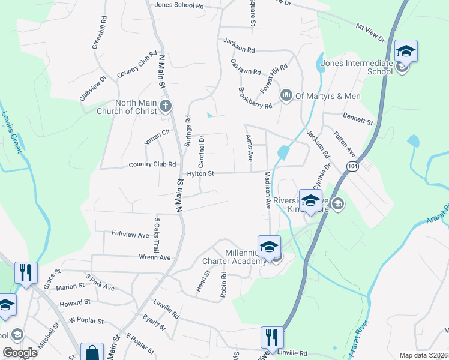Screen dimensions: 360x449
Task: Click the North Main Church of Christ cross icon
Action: click(166, 107)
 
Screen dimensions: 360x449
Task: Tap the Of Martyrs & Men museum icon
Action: click(286, 95)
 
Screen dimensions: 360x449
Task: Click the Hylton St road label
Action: click(200, 173)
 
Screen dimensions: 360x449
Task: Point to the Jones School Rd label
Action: click(179, 5)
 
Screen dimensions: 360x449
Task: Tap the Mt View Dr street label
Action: click(372, 32)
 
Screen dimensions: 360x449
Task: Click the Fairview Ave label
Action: click(130, 235)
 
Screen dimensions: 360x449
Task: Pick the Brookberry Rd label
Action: click(255, 98)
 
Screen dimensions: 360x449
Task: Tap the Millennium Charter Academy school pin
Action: click(269, 247)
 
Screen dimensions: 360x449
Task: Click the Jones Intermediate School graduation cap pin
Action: click(406, 53)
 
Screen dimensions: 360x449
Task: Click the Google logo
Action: click(20, 353)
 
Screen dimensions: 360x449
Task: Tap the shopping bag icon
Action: click(92, 352)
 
